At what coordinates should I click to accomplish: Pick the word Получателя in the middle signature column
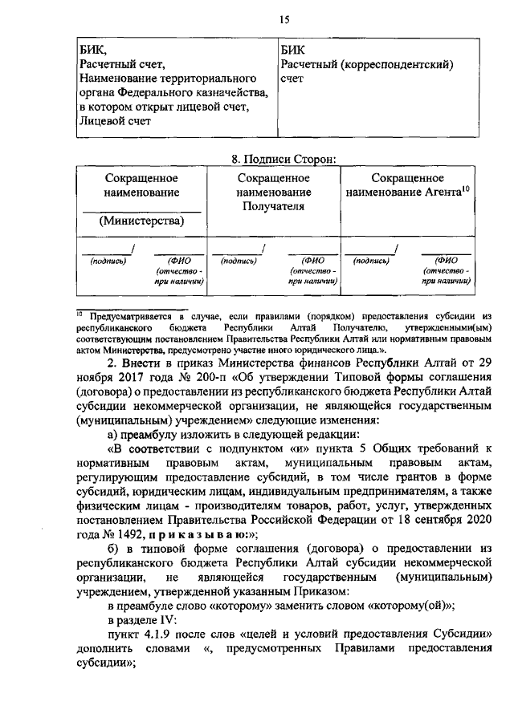tap(273, 206)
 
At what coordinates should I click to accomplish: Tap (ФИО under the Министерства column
tap(177, 260)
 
